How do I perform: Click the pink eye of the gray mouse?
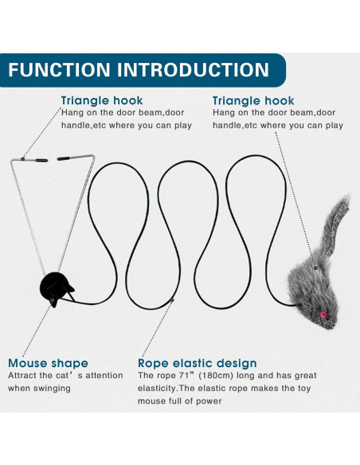[x=323, y=316]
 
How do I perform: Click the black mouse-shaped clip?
[x=57, y=290]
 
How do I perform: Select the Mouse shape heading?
[x=48, y=363]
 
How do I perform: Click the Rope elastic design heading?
[x=198, y=363]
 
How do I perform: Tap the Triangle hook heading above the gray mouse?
[x=253, y=101]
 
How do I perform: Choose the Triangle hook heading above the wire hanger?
[x=102, y=101]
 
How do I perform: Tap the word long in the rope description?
[x=253, y=376]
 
